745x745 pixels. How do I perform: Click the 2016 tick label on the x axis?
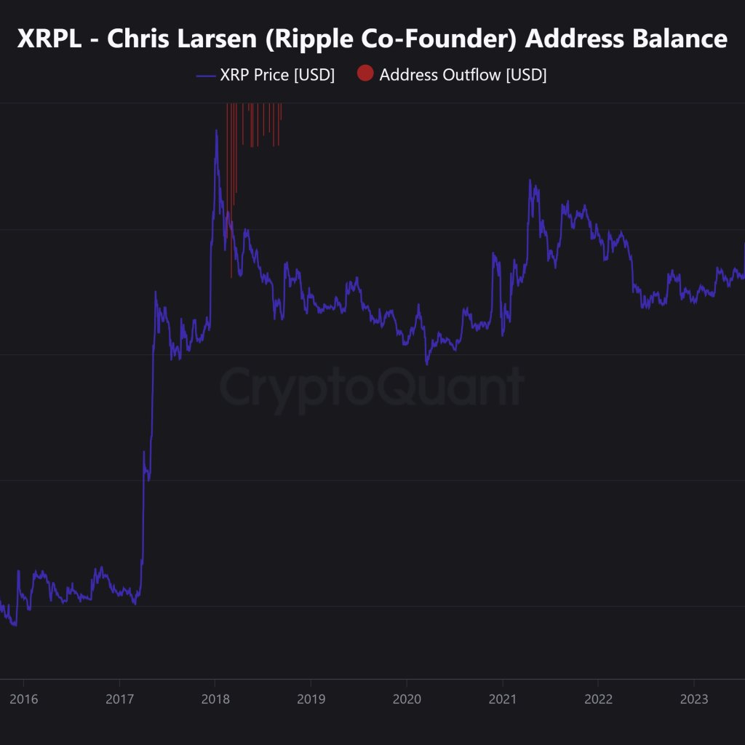coord(23,700)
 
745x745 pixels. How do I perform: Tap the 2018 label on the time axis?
coord(215,700)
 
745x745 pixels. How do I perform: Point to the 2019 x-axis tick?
coord(311,700)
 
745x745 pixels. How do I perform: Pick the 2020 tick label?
coord(407,700)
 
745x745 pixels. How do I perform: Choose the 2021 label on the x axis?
coord(503,700)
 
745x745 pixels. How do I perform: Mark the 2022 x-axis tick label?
coord(598,700)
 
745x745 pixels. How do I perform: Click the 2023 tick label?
coord(694,700)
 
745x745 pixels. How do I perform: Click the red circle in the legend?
coord(365,74)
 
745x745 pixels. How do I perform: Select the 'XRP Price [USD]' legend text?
coord(277,75)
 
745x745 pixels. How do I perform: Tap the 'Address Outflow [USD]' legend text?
coord(463,75)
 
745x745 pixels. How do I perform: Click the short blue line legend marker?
coord(207,75)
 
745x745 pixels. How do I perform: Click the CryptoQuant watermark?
coord(372,386)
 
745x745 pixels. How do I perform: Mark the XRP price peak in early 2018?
coord(216,131)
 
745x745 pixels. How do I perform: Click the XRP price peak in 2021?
coord(530,180)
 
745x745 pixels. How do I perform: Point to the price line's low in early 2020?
coord(427,364)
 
